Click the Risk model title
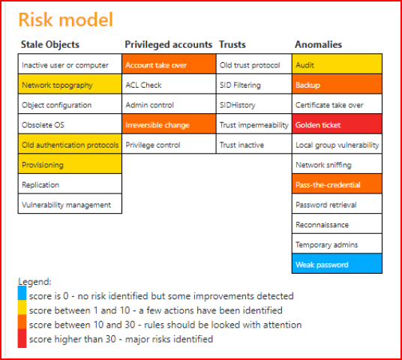(66, 19)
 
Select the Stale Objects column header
(50, 44)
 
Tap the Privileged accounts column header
(169, 44)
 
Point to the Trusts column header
(232, 44)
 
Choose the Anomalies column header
(319, 44)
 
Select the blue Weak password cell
(337, 263)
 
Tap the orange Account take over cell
(169, 64)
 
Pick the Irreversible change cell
(169, 124)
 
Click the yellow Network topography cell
(70, 84)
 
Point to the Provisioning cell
(70, 163)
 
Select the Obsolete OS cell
(70, 124)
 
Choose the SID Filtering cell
(254, 84)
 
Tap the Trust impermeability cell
(254, 124)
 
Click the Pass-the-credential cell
(337, 184)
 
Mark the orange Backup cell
(337, 84)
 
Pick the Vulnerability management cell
(70, 204)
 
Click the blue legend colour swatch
(22, 293)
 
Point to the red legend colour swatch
(22, 338)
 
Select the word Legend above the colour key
(34, 282)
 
